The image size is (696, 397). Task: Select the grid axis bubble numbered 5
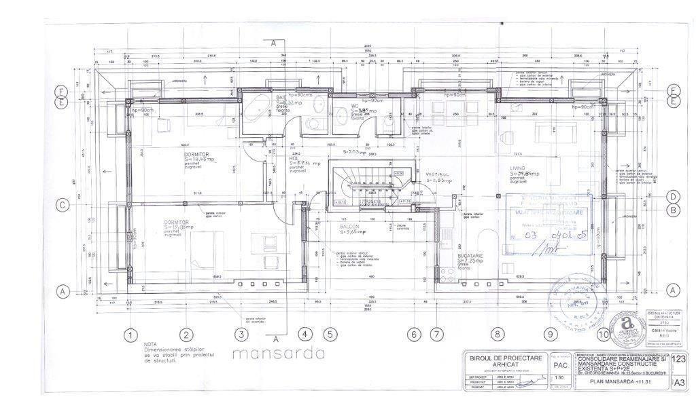330,334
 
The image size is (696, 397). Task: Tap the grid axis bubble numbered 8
498,334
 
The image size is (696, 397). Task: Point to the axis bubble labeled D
673,197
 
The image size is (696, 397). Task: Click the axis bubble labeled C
62,205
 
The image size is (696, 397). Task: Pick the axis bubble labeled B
673,210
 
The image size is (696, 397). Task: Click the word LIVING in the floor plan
520,167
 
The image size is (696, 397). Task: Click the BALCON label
351,227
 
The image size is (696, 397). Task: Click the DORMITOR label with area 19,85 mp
175,222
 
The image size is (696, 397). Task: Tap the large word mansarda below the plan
278,354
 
